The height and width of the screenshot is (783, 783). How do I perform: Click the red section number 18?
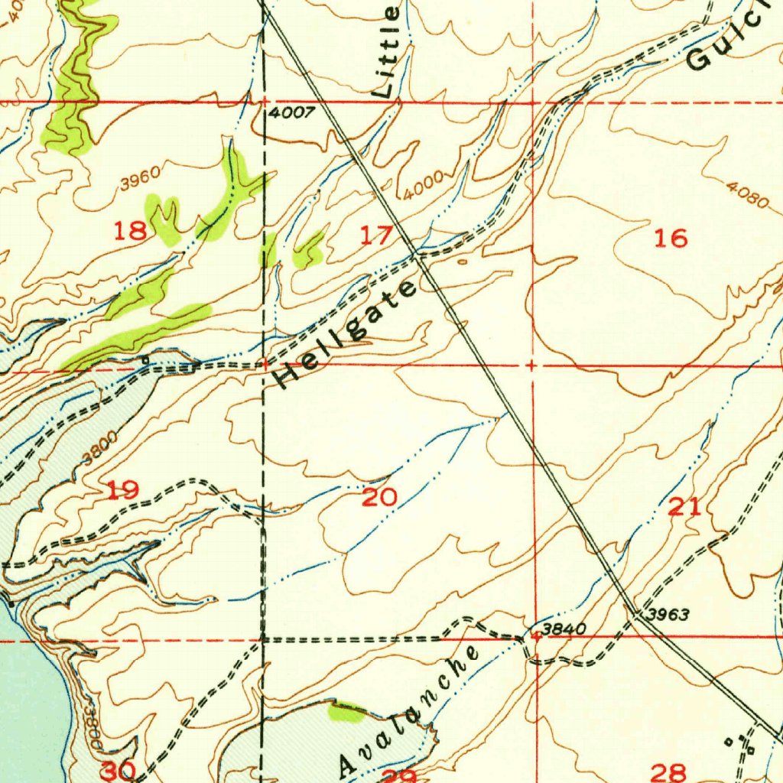[130, 230]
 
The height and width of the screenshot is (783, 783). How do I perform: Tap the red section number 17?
[375, 236]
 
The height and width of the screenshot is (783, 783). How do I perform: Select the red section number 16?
[671, 239]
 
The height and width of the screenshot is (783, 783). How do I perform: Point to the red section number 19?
[122, 489]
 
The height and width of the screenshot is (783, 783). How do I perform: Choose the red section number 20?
[379, 498]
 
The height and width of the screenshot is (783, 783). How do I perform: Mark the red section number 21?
[684, 506]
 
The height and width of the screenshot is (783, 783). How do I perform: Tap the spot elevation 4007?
[291, 113]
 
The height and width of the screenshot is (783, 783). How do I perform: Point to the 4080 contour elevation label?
[748, 195]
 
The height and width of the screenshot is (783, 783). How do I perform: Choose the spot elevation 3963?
[668, 614]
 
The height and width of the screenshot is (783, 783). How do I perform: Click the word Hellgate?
[346, 333]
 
